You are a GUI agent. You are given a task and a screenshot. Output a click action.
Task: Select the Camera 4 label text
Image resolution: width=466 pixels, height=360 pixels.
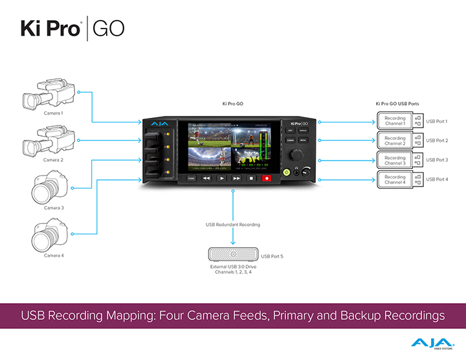coord(53,256)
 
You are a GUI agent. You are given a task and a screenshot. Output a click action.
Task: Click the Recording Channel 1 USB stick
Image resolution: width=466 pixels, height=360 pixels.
coord(398,121)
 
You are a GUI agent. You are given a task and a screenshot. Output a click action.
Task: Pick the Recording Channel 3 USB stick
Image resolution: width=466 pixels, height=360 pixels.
coord(398,160)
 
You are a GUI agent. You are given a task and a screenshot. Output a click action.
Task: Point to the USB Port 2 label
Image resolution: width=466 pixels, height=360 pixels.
coord(437,141)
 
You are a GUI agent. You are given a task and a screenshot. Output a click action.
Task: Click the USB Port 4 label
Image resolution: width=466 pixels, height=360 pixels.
coord(437,179)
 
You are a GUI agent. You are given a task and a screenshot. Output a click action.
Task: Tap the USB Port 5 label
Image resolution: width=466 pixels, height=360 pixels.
coord(272,256)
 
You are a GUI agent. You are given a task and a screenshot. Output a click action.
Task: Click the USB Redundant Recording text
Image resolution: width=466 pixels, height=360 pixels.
coord(233,225)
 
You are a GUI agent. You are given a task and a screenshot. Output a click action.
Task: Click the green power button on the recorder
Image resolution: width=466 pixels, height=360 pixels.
coord(285,172)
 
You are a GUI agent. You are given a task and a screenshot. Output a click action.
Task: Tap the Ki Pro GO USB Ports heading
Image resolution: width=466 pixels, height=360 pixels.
coord(401,103)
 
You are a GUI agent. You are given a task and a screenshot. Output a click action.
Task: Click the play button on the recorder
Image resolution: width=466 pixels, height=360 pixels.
coord(221,177)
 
